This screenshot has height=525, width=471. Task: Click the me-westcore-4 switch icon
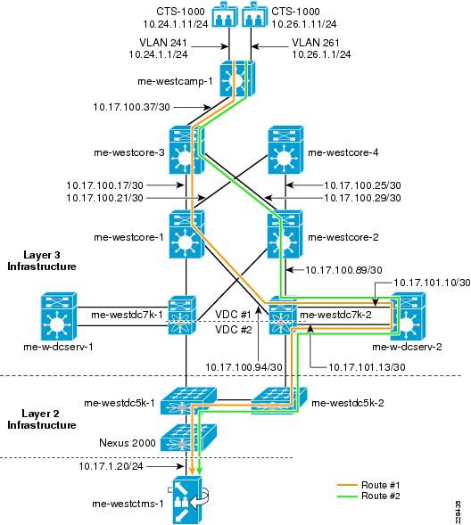coord(285,150)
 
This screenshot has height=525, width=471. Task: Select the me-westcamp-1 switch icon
coord(237,79)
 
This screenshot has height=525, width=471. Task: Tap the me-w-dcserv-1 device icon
coord(59,316)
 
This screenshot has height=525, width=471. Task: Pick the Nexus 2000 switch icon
coord(188,438)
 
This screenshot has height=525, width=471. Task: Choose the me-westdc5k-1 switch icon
coord(188,401)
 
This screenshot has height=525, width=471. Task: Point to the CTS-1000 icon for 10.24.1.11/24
coord(225,14)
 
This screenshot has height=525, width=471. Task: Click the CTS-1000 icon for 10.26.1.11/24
coord(254,14)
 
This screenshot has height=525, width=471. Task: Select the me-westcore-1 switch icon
coord(186,234)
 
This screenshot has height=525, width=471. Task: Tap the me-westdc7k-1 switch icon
coord(182,315)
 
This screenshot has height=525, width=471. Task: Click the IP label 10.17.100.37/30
coord(131,107)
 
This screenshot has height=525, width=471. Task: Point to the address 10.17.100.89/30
coord(343,270)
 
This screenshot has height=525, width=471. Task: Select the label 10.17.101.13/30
coord(367,367)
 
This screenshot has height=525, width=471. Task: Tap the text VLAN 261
coord(316,43)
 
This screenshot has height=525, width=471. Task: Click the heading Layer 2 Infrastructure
coord(42,419)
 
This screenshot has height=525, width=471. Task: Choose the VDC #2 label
coord(233,330)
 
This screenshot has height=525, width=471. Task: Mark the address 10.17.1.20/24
coord(111,466)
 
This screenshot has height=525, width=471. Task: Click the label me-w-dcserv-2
coord(407,347)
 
